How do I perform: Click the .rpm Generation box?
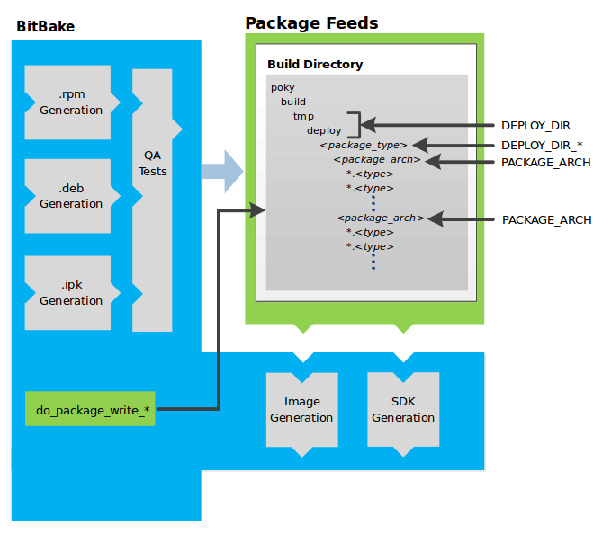click(70, 102)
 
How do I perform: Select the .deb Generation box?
click(70, 196)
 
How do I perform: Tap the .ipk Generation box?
click(70, 293)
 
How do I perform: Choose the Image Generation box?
click(301, 409)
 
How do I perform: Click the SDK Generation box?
click(403, 409)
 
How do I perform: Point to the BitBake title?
click(45, 26)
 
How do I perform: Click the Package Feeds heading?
click(311, 23)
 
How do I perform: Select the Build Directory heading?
click(315, 65)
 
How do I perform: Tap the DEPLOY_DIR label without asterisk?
click(535, 126)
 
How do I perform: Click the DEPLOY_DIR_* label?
click(542, 145)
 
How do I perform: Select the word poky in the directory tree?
click(283, 88)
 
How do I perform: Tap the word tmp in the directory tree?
click(302, 117)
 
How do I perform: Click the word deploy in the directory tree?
click(324, 131)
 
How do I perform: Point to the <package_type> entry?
click(364, 145)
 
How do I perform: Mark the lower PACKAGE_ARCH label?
click(546, 219)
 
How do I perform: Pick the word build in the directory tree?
click(293, 102)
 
